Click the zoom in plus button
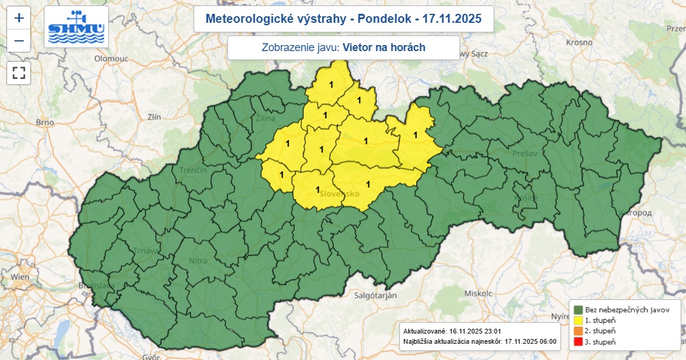click(19, 18)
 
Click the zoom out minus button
click(19, 41)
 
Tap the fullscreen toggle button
click(19, 73)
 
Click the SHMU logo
click(76, 27)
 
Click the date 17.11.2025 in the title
click(452, 19)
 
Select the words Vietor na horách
click(384, 47)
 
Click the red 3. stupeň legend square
click(578, 342)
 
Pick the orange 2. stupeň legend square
click(578, 331)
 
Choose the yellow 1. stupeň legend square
click(578, 320)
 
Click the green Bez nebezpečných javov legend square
click(578, 310)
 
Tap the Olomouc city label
click(111, 58)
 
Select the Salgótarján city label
click(375, 296)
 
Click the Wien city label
click(20, 276)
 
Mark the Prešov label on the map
click(525, 154)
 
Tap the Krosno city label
click(580, 42)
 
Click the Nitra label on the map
click(198, 261)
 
